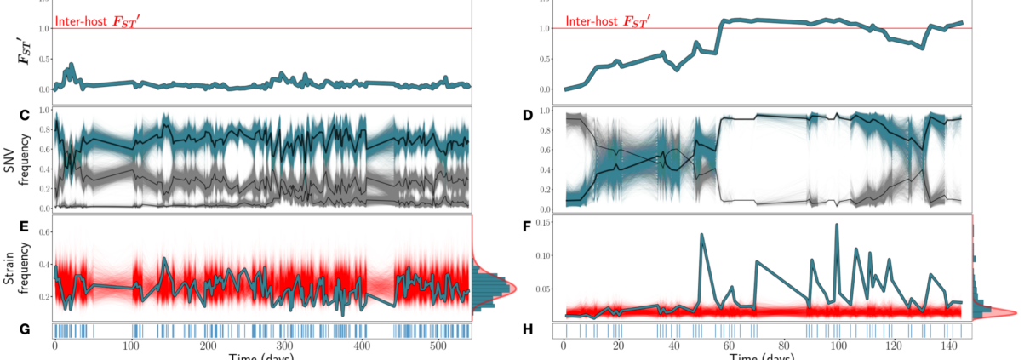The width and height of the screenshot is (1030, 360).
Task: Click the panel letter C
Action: pos(24,115)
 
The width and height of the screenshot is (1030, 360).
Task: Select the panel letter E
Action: pos(24,226)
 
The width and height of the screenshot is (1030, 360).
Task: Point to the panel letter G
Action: pos(24,330)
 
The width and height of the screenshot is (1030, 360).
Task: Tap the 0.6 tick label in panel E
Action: pos(41,231)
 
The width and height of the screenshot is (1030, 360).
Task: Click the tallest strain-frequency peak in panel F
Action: pos(837,225)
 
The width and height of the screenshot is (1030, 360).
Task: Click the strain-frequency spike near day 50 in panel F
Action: pos(701,234)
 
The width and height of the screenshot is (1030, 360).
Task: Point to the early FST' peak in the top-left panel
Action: pos(72,65)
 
